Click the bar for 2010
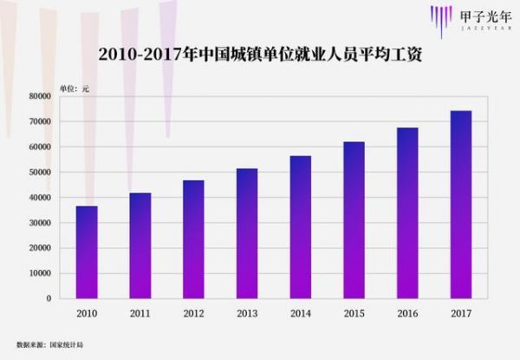click(x=87, y=252)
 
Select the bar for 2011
click(x=140, y=245)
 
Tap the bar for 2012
click(x=193, y=239)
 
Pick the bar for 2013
click(x=247, y=233)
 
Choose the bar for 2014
click(x=300, y=227)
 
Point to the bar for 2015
click(x=354, y=220)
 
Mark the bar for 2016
click(x=407, y=213)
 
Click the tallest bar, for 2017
click(x=461, y=205)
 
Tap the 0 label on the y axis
click(x=49, y=298)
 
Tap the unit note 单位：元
click(x=75, y=88)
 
